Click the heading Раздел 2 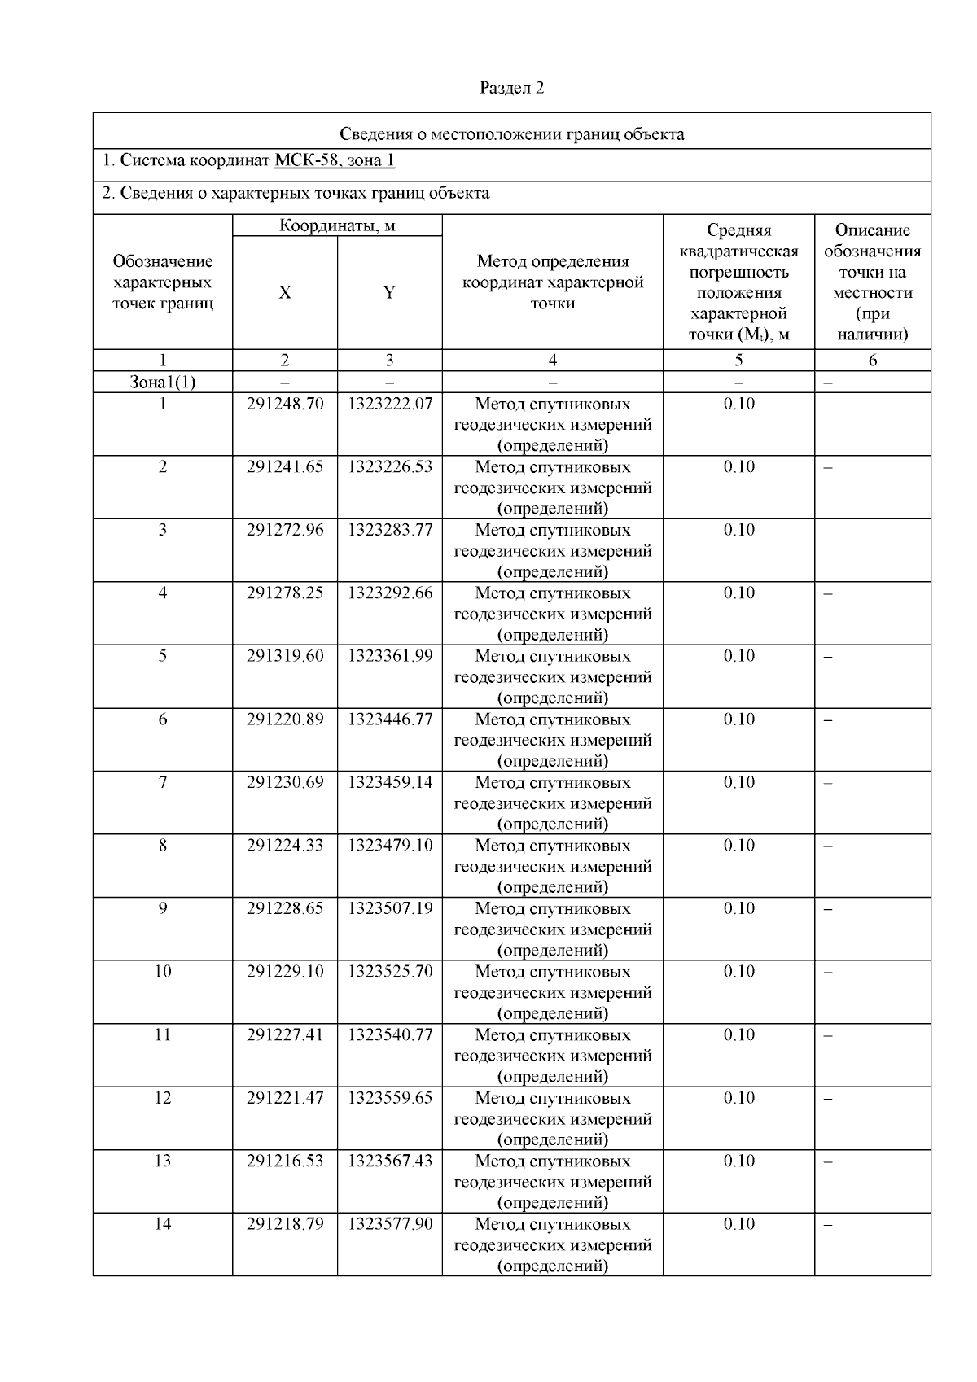coord(511,88)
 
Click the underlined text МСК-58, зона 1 coord(334,160)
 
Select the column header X coord(284,293)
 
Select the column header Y coord(389,293)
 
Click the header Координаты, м coord(337,225)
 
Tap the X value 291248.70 coord(284,404)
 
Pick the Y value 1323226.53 coord(390,467)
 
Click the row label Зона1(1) coord(163,382)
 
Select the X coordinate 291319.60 coord(284,656)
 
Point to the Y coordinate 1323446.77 coord(390,719)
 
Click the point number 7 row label coord(163,782)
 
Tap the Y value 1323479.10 coord(390,846)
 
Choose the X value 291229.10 coord(284,972)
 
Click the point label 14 coord(163,1224)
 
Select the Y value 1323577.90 coord(390,1224)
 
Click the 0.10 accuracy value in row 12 coord(738,1098)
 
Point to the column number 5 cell coord(738,360)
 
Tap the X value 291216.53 coord(284,1161)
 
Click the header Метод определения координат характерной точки coord(552,282)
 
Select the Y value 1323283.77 coord(390,530)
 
